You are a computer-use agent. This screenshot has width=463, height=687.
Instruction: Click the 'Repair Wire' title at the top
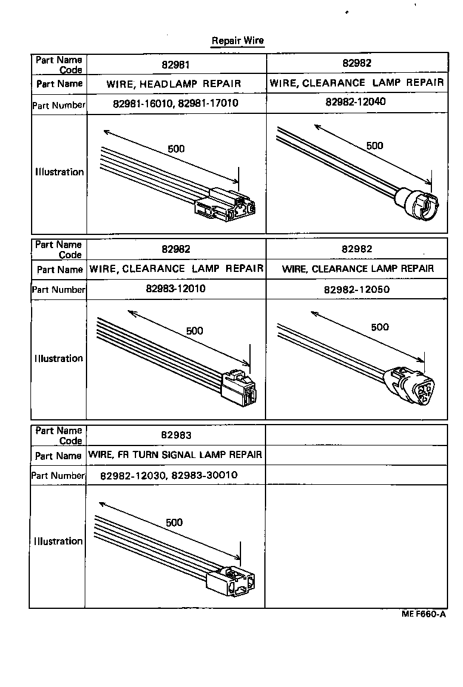237,41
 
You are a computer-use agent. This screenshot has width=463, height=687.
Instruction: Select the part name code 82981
176,64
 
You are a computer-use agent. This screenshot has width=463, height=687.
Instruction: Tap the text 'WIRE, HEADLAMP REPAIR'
174,84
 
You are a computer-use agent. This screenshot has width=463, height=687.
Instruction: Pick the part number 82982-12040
356,102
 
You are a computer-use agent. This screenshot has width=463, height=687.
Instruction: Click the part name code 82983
176,435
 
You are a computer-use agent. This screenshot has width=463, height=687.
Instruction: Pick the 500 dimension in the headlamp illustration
176,148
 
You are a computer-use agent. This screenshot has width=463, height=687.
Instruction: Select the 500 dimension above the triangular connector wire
379,327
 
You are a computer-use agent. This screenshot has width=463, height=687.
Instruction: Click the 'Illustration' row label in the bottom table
58,541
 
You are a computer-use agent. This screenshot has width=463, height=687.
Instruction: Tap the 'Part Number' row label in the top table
58,106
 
